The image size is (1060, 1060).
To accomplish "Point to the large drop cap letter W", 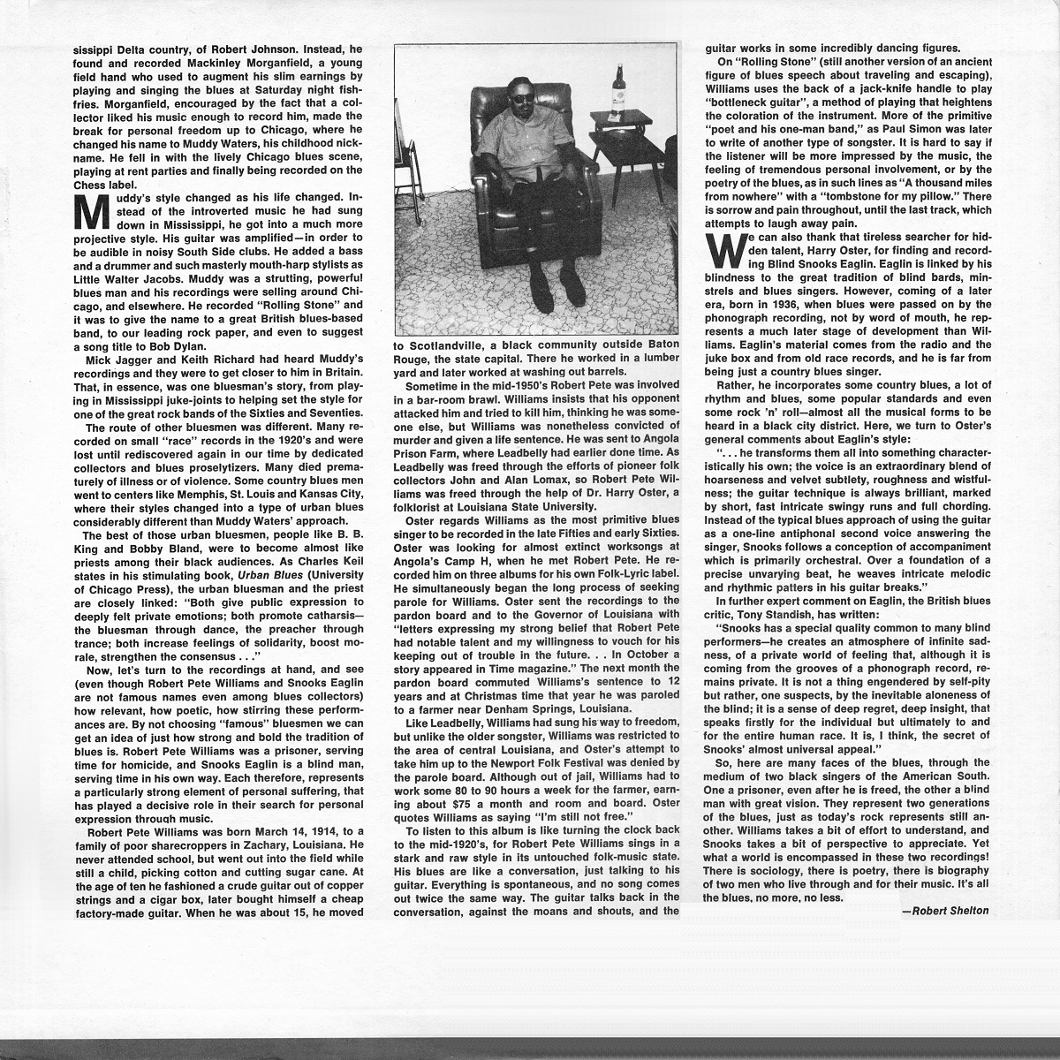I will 722,250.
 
